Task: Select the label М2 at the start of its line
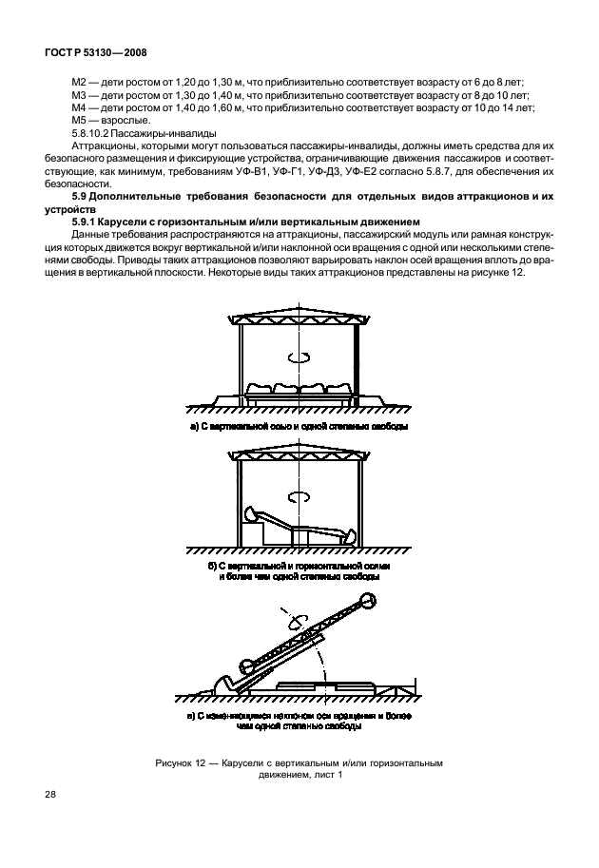pyautogui.click(x=80, y=83)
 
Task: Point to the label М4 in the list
pyautogui.click(x=80, y=108)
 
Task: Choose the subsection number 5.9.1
pyautogui.click(x=86, y=221)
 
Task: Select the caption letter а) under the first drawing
pyautogui.click(x=195, y=427)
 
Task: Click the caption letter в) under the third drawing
pyautogui.click(x=191, y=713)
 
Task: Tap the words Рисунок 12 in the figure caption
pyautogui.click(x=180, y=762)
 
